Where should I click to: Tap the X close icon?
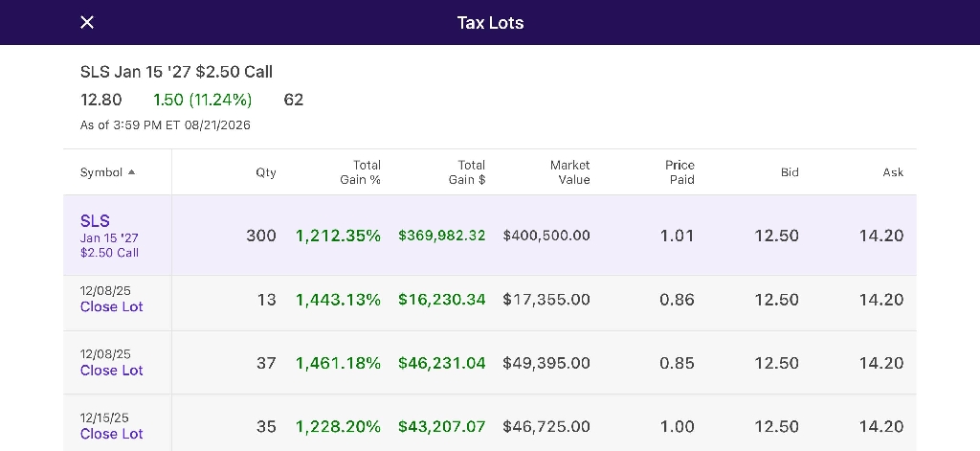pos(87,23)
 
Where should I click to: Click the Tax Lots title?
pos(490,23)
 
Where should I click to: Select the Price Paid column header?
pos(679,172)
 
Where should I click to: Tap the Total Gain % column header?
pos(360,172)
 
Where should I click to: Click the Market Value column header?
pos(569,172)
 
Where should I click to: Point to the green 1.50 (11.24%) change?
pos(203,101)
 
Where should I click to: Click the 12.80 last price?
pos(101,101)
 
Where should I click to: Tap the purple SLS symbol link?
pos(95,221)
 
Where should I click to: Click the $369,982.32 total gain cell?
pos(442,236)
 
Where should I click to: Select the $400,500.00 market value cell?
pos(546,236)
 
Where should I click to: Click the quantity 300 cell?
pos(260,236)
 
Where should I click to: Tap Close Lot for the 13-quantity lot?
pos(111,306)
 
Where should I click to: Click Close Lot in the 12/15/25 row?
pos(111,434)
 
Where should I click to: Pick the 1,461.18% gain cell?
pos(338,364)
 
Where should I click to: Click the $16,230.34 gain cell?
pos(442,300)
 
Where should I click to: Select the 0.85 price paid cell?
pos(677,364)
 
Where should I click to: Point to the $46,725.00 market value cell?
pos(546,427)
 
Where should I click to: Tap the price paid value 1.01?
pos(677,236)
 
